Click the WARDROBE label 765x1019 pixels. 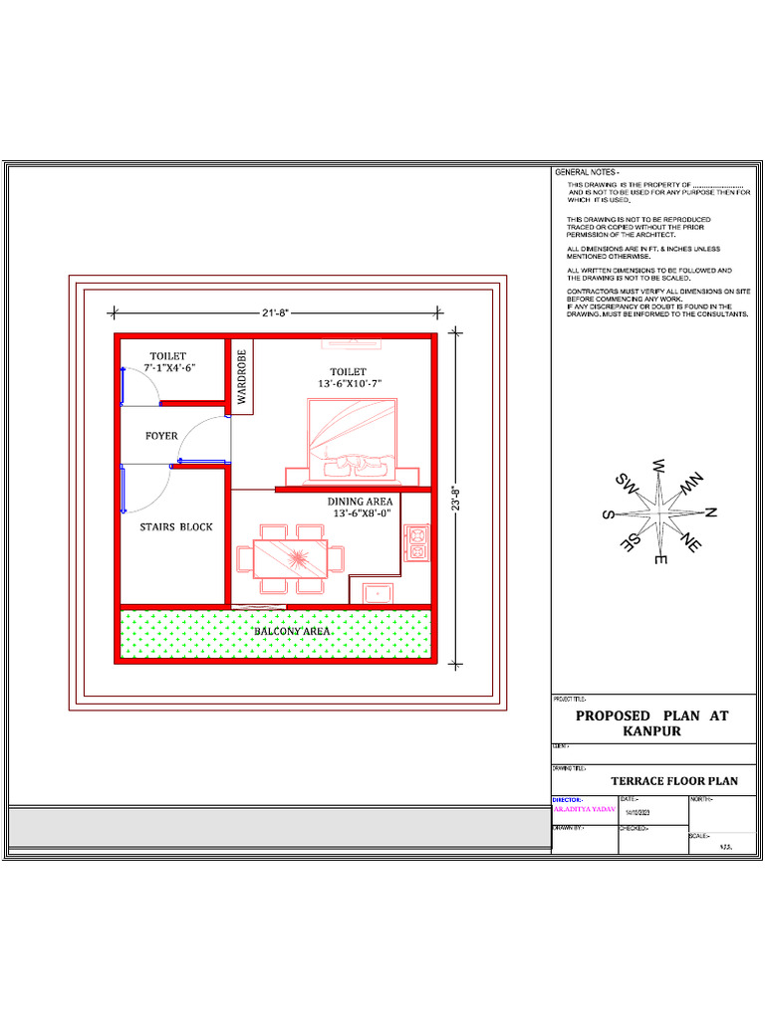tap(241, 373)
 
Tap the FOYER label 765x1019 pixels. tap(161, 436)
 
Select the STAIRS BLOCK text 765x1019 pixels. tap(176, 526)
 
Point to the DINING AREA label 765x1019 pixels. tap(360, 502)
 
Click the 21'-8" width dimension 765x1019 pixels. tap(276, 313)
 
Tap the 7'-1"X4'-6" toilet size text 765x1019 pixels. tap(168, 368)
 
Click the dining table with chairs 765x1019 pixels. tap(290, 558)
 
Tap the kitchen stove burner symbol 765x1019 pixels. tap(415, 542)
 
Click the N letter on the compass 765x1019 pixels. tap(711, 512)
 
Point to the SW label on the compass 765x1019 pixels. tap(626, 484)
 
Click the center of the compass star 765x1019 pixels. tap(659, 512)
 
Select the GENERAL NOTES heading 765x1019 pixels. tap(587, 173)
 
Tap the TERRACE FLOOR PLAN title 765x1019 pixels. tap(674, 781)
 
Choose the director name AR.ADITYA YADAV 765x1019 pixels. tap(582, 811)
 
